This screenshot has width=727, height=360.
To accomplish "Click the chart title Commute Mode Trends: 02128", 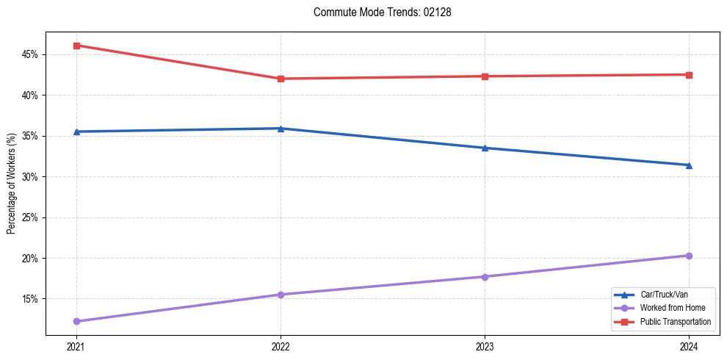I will (377, 12).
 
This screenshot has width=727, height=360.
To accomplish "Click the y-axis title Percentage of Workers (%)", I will (11, 184).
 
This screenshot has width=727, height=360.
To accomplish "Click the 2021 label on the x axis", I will (76, 346).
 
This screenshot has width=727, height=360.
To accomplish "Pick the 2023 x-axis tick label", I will (485, 346).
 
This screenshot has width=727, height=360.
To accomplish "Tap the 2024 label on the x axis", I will (689, 346).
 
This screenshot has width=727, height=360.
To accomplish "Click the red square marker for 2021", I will (76, 46).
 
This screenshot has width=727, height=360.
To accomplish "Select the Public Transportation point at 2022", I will (281, 79).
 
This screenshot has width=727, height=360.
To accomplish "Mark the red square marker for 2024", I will (689, 75).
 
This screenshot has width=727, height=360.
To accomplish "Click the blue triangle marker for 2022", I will (281, 129).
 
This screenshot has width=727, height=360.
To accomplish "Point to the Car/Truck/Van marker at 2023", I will (485, 148).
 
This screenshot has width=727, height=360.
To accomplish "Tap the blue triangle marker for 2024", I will (689, 165).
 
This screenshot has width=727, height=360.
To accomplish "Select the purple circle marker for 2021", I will (76, 321).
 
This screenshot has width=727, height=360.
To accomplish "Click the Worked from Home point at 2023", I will (485, 277).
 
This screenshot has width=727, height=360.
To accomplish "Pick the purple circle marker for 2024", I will (689, 256).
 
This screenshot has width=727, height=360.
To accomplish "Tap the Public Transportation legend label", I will (675, 322).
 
